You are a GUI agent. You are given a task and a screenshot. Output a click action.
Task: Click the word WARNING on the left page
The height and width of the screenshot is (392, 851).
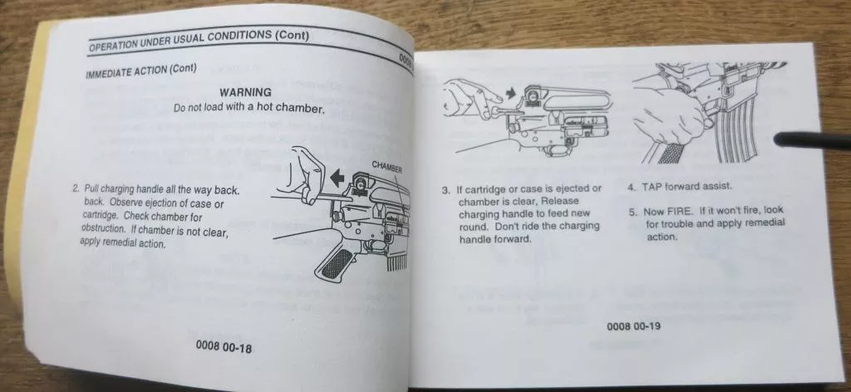coord(245,92)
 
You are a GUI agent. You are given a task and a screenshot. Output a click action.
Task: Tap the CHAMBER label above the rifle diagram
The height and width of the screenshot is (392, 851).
coord(387,166)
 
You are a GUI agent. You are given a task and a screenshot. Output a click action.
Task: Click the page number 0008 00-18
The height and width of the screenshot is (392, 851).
coord(224,347)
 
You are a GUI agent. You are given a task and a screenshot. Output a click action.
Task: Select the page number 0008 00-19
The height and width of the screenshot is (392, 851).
coord(633,326)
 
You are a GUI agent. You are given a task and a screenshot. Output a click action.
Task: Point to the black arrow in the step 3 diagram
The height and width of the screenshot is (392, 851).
coord(511,93)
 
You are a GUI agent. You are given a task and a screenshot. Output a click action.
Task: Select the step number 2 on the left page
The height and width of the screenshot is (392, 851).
coord(75,189)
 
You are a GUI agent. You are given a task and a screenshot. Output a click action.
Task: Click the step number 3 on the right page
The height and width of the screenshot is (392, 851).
coord(445,190)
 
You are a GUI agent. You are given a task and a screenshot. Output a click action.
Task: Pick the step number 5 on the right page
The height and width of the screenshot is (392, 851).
coord(632,212)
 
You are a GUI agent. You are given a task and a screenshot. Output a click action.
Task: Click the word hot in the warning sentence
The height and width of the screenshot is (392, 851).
coord(263,107)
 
